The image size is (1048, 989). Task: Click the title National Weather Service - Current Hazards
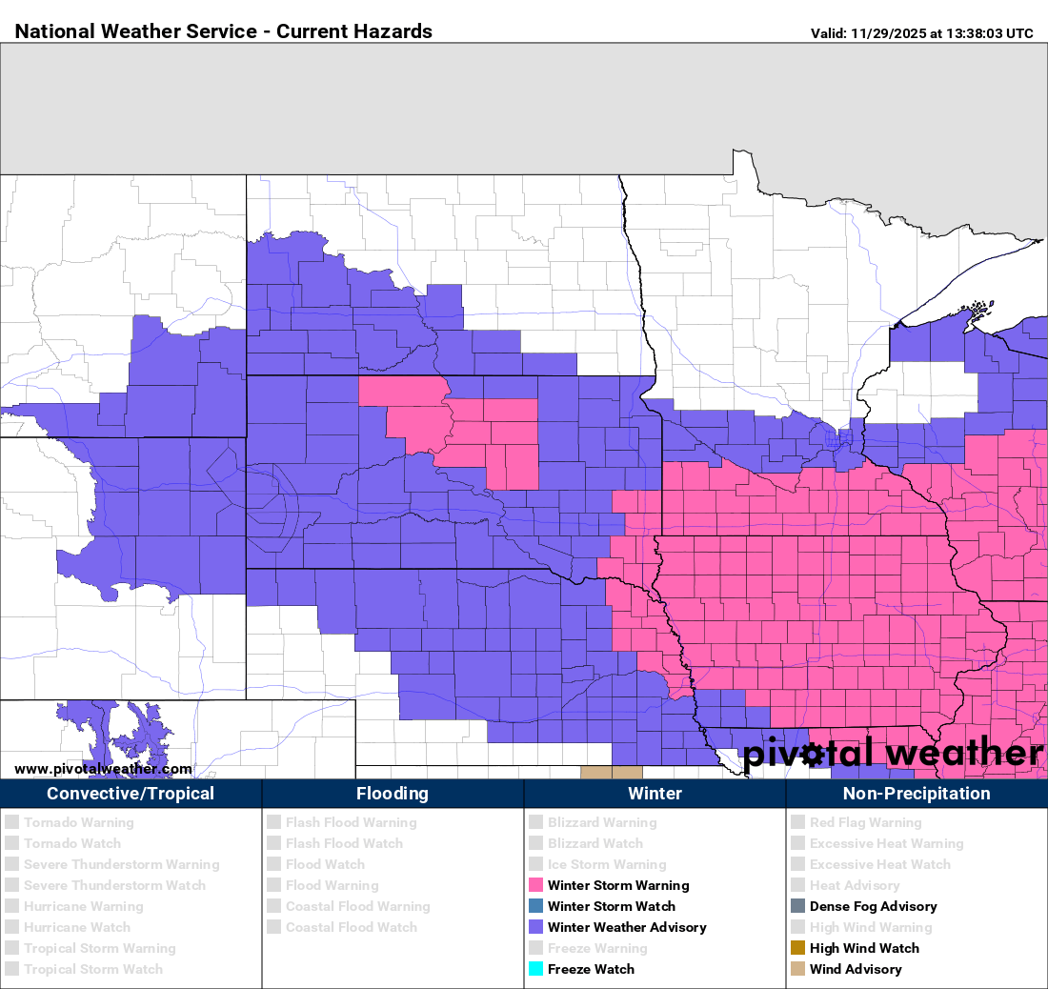[224, 31]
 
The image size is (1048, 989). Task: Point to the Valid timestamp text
[921, 33]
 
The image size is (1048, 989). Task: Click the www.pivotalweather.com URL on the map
[103, 769]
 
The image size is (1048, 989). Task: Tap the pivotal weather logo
[893, 753]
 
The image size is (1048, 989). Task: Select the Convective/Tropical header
[131, 794]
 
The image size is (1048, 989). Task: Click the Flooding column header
[393, 794]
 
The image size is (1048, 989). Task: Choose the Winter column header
[655, 794]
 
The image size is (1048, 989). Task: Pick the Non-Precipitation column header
[917, 794]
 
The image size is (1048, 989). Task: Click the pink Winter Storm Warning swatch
[536, 886]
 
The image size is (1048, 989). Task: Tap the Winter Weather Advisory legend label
[627, 927]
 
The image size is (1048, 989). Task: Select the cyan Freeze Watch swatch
[536, 970]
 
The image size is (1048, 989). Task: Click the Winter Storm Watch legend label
[611, 906]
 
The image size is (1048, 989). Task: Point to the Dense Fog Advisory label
[873, 906]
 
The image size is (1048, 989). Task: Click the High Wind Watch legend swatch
[798, 949]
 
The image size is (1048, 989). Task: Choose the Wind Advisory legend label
[855, 969]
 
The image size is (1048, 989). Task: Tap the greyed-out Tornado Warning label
[78, 822]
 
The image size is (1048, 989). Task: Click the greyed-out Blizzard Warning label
[602, 822]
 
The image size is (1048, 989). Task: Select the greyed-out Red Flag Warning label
[865, 822]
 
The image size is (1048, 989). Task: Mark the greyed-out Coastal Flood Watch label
[351, 927]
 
